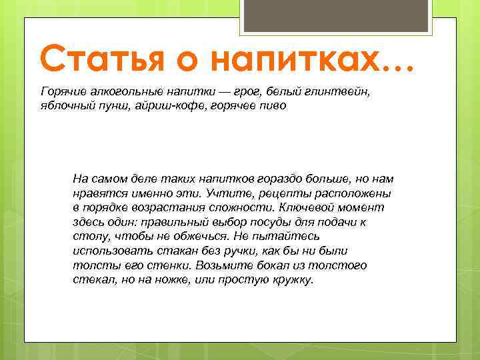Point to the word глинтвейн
(346, 91)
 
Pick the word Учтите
(230, 193)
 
